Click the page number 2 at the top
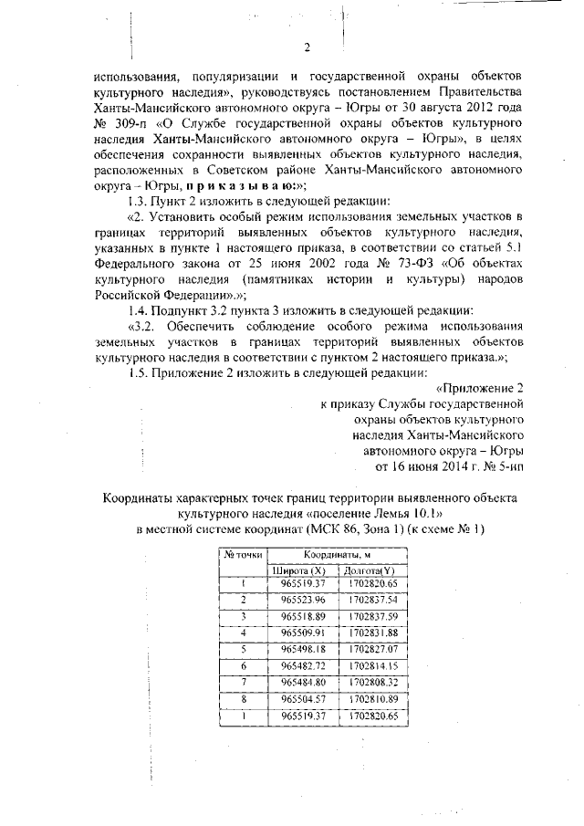(308, 47)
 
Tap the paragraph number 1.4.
(142, 309)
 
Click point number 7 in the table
(244, 682)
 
